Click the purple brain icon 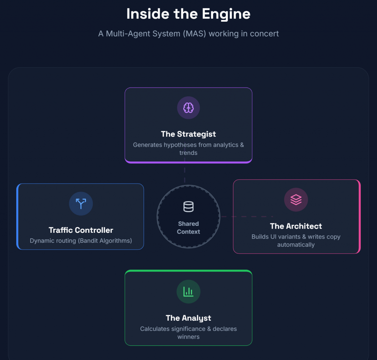click(x=188, y=108)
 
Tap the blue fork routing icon click(x=81, y=204)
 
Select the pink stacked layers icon click(x=296, y=200)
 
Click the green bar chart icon click(x=188, y=292)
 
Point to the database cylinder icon click(x=188, y=207)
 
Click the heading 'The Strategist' click(x=188, y=134)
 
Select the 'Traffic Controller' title click(x=81, y=230)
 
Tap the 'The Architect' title click(x=296, y=226)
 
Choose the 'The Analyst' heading click(x=188, y=318)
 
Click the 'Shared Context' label click(x=188, y=228)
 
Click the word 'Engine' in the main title click(x=226, y=14)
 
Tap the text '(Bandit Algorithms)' click(x=105, y=240)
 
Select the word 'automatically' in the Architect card click(x=296, y=245)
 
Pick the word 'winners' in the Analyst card click(x=188, y=337)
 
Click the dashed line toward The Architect click(x=247, y=217)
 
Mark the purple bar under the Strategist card click(x=188, y=162)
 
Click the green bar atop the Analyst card click(x=188, y=271)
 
